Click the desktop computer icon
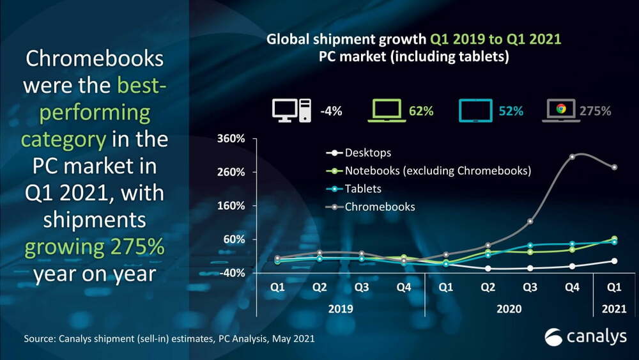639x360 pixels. pos(291,110)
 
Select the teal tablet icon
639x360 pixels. pos(475,110)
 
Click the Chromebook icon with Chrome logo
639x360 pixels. pos(560,110)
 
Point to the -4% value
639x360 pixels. pos(331,111)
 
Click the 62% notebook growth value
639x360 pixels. pos(421,111)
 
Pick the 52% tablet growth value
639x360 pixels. pos(511,111)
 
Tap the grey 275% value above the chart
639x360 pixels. pos(595,111)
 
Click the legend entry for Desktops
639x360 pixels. pos(367,153)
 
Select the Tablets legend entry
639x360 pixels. pos(363,189)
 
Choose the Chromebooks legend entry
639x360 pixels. pos(380,207)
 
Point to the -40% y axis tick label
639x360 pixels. pos(233,273)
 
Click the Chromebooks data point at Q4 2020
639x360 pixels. pos(573,157)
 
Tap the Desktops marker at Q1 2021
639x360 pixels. pos(614,261)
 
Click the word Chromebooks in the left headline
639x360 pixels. pos(94,59)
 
